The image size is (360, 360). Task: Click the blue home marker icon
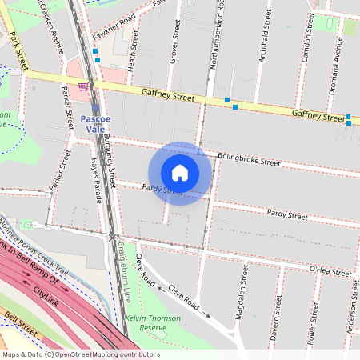(180, 173)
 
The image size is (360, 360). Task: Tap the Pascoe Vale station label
(96, 124)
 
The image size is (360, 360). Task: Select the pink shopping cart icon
(83, 86)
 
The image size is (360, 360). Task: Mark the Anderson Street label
(351, 307)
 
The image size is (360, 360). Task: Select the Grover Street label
(172, 43)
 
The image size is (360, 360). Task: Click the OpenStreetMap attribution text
(80, 354)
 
